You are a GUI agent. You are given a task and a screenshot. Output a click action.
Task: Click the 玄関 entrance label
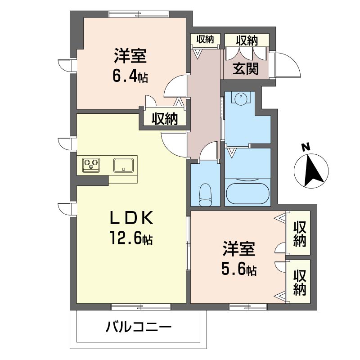click(245, 68)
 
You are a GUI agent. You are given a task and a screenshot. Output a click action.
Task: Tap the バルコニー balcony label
click(139, 327)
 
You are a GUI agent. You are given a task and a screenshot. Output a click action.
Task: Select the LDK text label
click(131, 218)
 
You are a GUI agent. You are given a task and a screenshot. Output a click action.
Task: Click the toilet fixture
click(206, 195)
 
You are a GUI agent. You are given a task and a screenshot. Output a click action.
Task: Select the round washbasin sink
click(240, 98)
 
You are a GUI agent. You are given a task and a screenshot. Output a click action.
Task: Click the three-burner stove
click(91, 165)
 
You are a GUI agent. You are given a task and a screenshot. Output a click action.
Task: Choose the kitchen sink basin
click(123, 165)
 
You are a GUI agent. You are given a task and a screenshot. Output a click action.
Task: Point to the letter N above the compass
click(306, 147)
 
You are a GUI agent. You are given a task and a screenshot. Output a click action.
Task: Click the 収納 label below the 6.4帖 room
click(165, 119)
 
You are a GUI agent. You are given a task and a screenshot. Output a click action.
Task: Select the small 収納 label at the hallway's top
click(205, 39)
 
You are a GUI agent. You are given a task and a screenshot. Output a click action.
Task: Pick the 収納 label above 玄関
click(247, 40)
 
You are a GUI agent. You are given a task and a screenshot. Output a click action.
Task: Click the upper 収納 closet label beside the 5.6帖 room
click(300, 234)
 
